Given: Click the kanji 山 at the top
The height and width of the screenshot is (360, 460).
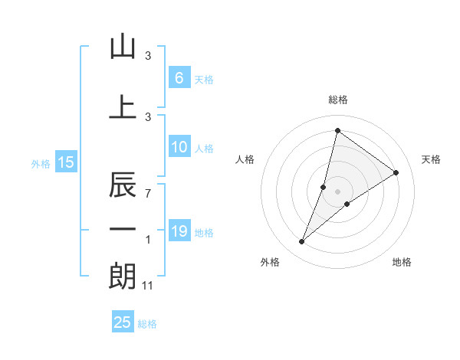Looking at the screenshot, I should (x=123, y=47).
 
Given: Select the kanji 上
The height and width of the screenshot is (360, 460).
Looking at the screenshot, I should (x=123, y=107).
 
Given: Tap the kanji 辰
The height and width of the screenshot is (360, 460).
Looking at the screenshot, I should (x=123, y=186).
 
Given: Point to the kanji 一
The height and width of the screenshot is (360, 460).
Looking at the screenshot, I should (x=123, y=230).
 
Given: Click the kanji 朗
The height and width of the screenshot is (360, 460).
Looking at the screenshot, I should (x=123, y=276).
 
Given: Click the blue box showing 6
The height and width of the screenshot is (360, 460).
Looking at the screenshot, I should (x=179, y=78).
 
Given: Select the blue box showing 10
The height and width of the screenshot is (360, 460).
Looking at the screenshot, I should (x=179, y=147).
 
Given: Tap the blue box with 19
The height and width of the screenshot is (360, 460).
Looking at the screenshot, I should (x=179, y=231).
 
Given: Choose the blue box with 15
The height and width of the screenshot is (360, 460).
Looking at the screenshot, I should (x=65, y=162).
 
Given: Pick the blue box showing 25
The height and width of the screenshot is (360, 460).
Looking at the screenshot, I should (x=123, y=322).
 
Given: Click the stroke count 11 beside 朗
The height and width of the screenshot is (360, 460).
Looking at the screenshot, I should (x=148, y=286).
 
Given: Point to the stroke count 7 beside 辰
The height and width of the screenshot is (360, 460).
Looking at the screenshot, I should (x=147, y=194).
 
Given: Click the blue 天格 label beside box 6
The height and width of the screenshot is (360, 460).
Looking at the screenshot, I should (x=203, y=80).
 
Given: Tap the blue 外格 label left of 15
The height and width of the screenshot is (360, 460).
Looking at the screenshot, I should (x=41, y=163).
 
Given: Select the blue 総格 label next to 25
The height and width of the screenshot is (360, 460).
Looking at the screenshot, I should (x=147, y=324).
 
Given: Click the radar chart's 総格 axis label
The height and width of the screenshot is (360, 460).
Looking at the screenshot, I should (x=337, y=100).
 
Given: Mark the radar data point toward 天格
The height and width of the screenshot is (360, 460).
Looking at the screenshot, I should (x=396, y=172).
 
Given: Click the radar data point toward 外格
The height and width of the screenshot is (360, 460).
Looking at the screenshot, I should (x=302, y=242).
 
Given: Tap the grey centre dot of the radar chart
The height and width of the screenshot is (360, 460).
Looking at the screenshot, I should (x=337, y=191).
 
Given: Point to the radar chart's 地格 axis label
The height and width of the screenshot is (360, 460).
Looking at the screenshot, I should (x=402, y=262).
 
